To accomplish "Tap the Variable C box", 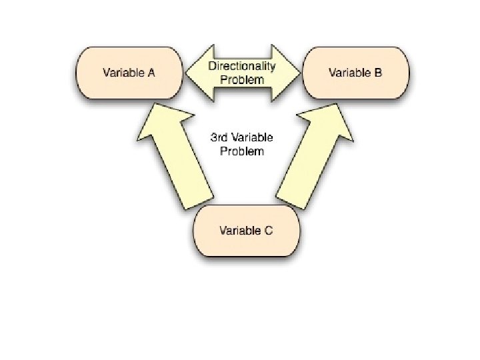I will pos(246,231).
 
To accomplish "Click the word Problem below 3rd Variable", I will pos(242,151).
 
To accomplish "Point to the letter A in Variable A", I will pos(151,72).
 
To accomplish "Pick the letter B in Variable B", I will pos(378,72).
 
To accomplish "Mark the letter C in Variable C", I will pos(269,231).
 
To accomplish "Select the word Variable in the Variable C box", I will pos(239,231).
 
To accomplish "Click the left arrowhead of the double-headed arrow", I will pos(197,73).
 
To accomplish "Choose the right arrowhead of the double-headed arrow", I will pos(287,73).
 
